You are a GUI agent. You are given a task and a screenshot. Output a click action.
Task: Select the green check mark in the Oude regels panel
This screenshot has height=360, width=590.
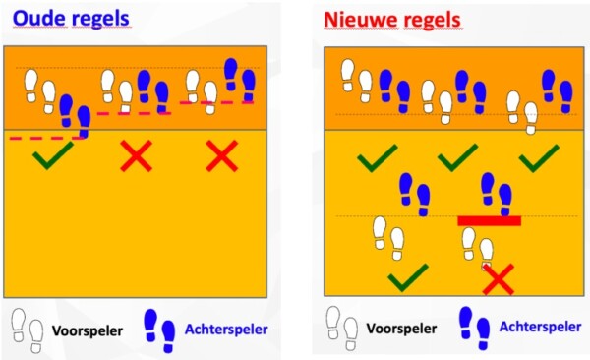point(51,155)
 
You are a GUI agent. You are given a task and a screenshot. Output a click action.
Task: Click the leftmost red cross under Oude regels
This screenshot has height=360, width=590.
point(137,155)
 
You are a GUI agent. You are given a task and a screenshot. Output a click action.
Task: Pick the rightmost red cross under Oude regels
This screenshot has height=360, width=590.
point(222,155)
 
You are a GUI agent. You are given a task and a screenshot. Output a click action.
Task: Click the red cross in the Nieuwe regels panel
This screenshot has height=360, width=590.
point(499,279)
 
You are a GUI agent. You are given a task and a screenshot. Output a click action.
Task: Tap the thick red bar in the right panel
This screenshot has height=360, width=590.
point(489,220)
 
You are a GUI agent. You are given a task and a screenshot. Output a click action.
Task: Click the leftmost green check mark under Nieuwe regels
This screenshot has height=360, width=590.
point(377,155)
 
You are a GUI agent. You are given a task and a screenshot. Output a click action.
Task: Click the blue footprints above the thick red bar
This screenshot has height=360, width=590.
point(495,193)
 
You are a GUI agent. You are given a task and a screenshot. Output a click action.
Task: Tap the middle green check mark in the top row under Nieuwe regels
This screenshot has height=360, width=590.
point(457,155)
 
